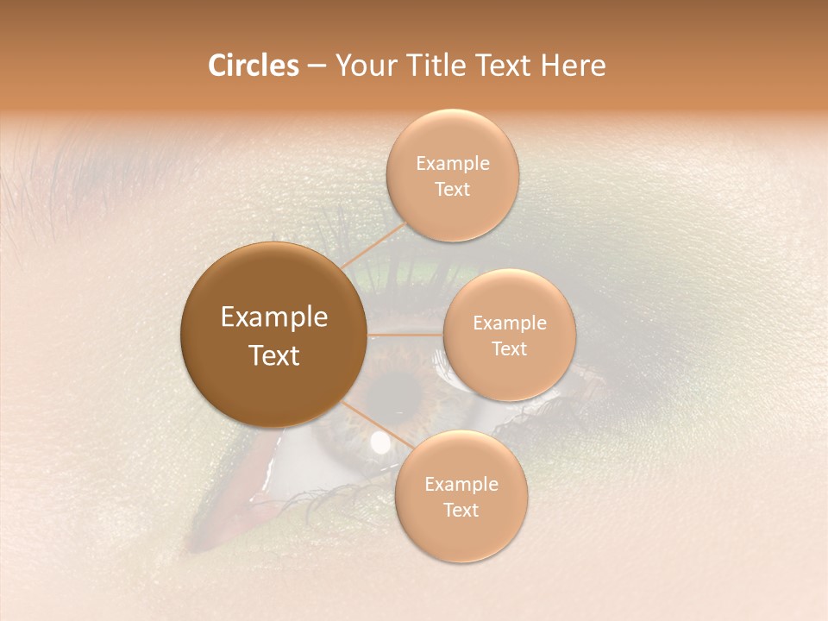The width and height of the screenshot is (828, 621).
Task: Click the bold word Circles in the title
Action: point(253,66)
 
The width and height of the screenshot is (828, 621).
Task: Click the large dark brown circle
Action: point(274,336)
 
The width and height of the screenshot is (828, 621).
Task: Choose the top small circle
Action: point(452,176)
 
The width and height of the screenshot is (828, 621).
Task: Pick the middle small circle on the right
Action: point(509,336)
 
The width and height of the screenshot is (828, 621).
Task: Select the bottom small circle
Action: point(461,497)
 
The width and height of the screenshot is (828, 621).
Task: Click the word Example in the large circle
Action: point(274,317)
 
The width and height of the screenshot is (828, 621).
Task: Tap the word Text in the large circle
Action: point(274,355)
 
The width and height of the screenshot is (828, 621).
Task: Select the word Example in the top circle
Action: point(452,164)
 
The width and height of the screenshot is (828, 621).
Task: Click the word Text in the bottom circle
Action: point(461,510)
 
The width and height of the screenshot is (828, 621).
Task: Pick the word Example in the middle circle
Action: point(509,323)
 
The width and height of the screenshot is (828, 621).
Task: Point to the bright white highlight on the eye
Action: point(379,443)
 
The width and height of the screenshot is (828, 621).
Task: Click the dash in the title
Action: point(316,66)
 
